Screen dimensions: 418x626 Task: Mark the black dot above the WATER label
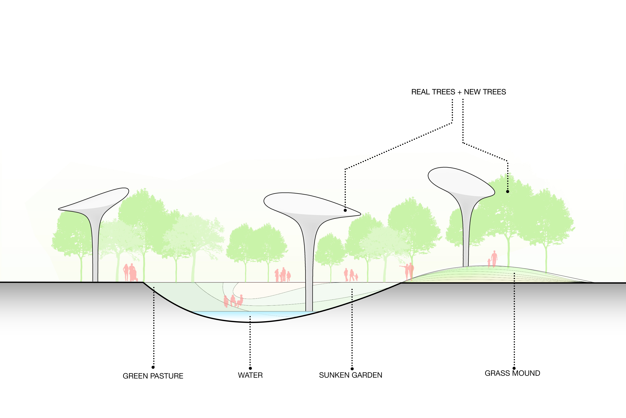tap(250, 368)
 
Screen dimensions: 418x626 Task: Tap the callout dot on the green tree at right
tap(507, 191)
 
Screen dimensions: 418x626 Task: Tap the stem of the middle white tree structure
tap(309, 267)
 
